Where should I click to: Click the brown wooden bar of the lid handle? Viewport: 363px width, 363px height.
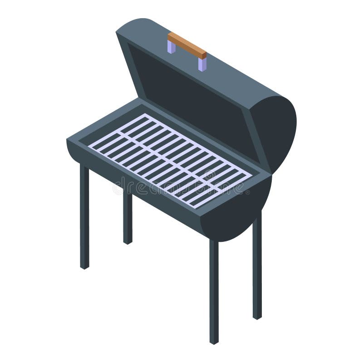click(187, 45)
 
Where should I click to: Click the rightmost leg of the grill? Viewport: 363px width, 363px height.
click(257, 268)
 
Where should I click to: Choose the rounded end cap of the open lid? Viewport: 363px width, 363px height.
click(277, 132)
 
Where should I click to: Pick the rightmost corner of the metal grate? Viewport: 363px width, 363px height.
click(252, 175)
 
